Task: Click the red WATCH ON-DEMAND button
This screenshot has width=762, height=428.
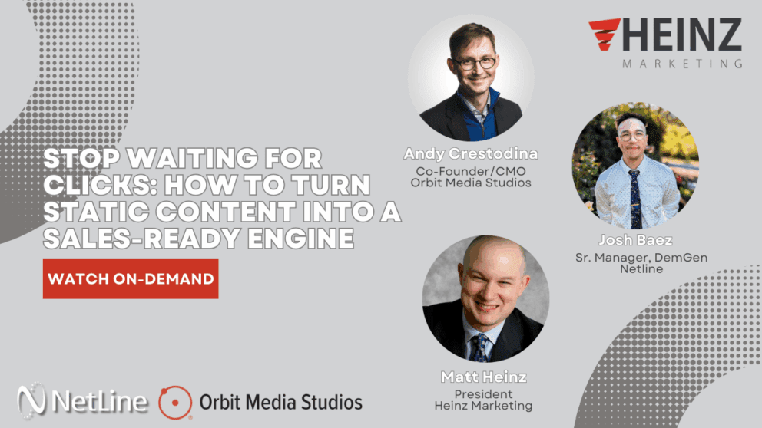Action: (131, 278)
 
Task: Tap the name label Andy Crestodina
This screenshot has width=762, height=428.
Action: (471, 154)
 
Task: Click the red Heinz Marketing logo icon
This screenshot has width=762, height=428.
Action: (605, 35)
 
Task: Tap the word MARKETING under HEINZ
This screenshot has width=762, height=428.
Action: (683, 64)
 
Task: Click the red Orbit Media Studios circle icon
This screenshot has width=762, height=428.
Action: (175, 402)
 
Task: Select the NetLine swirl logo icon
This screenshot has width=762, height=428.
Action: (33, 402)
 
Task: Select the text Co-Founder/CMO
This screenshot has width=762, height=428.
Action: (471, 170)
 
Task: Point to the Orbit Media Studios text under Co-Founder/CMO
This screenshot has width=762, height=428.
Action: (471, 183)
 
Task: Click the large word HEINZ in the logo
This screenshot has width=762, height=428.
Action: (685, 35)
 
